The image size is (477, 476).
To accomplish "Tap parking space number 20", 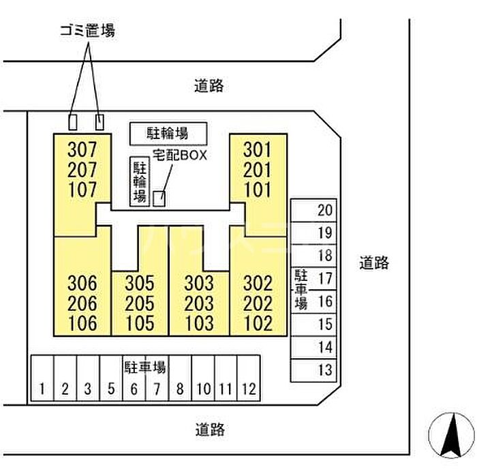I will [x=324, y=210].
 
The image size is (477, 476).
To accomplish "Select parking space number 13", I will [x=324, y=370].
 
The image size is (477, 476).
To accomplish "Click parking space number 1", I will [x=42, y=389].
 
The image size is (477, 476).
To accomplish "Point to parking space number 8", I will [x=180, y=389].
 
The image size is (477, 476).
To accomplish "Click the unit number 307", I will [x=82, y=148].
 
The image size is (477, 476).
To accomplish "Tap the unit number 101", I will [x=258, y=189].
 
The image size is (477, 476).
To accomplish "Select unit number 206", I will [x=82, y=303].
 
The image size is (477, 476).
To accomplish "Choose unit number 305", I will [x=140, y=283].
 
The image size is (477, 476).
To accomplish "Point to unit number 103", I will [x=198, y=323].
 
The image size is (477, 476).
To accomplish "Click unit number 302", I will [x=258, y=283].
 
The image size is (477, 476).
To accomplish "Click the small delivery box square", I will [x=158, y=198].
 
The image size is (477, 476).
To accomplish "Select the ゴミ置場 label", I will [x=87, y=30].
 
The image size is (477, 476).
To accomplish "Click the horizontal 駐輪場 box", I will [x=168, y=132].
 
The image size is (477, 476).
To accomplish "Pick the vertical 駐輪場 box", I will [x=139, y=181].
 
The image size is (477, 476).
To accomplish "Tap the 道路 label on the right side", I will [x=374, y=263].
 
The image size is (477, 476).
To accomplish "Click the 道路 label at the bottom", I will [x=209, y=430].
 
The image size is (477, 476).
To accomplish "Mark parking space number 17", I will [x=324, y=278].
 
